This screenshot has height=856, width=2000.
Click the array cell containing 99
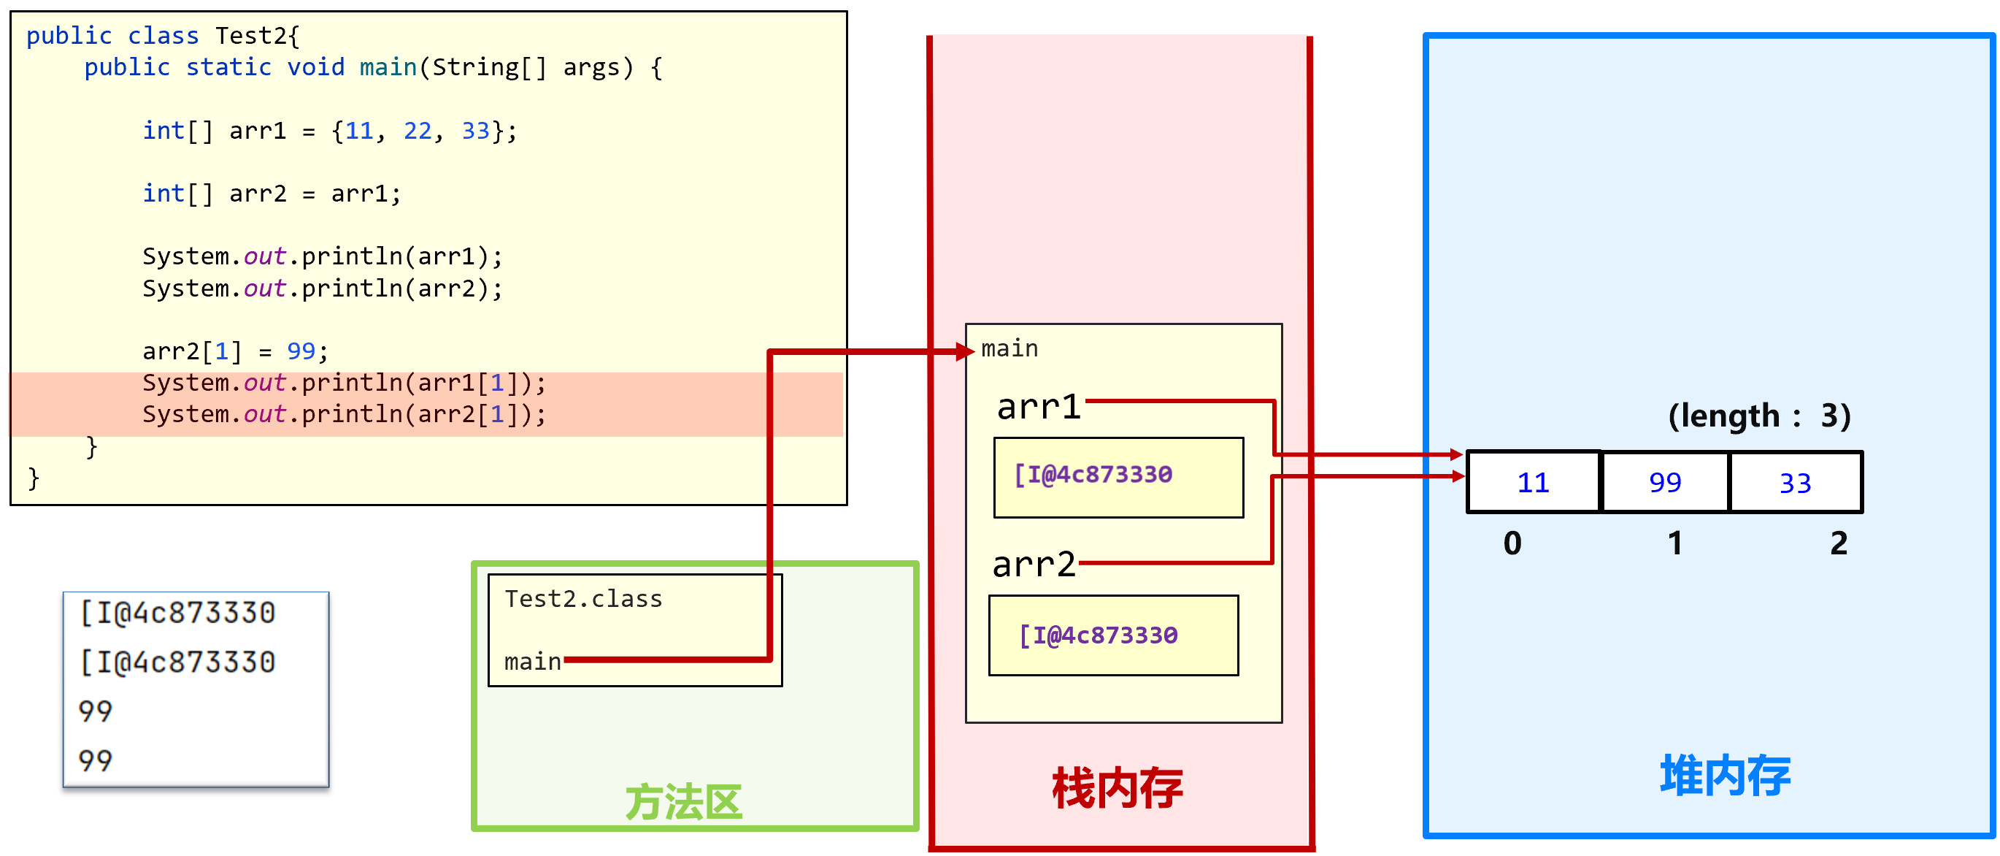pyautogui.click(x=1666, y=482)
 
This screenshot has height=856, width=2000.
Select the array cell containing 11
pyautogui.click(x=1534, y=482)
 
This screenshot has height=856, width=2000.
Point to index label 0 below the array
pyautogui.click(x=1512, y=542)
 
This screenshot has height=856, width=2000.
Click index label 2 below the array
pyautogui.click(x=1839, y=542)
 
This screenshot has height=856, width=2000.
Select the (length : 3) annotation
pyautogui.click(x=1759, y=416)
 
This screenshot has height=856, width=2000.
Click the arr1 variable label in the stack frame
pyautogui.click(x=1038, y=406)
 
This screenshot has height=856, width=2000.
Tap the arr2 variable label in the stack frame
pyautogui.click(x=1034, y=564)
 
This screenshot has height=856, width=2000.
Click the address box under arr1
pyautogui.click(x=1118, y=477)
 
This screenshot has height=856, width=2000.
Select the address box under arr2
pyautogui.click(x=1112, y=635)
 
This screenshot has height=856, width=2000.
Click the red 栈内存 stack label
pyautogui.click(x=1118, y=787)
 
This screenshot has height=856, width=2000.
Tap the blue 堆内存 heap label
pyautogui.click(x=1725, y=774)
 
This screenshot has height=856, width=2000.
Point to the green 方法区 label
pyautogui.click(x=684, y=802)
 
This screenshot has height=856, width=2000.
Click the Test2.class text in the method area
pyautogui.click(x=583, y=599)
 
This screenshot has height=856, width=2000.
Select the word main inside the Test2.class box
pyautogui.click(x=533, y=662)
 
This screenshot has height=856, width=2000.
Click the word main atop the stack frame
pyautogui.click(x=1009, y=349)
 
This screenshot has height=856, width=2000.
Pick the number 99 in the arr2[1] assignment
pyautogui.click(x=301, y=351)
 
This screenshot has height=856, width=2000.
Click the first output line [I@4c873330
pyautogui.click(x=177, y=613)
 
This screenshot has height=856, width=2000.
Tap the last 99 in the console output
pyautogui.click(x=96, y=760)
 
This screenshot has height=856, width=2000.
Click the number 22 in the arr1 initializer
pyautogui.click(x=417, y=131)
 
